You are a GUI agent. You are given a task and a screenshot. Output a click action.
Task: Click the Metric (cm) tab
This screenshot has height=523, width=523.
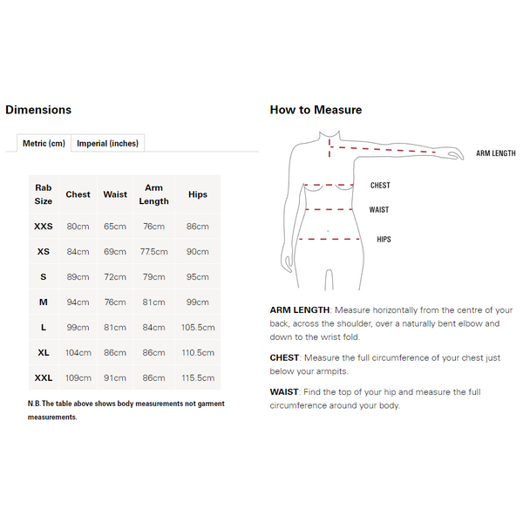point(44,143)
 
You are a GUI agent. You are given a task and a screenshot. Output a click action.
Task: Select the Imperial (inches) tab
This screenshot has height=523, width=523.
point(107,143)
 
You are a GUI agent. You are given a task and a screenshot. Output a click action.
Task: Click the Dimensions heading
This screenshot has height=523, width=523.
point(38,110)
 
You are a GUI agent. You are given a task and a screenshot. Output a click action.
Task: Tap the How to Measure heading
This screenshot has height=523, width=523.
point(316,110)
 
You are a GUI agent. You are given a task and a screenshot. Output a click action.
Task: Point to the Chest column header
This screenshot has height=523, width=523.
point(78,194)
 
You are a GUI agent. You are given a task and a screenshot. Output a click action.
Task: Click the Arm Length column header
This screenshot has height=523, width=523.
point(153,194)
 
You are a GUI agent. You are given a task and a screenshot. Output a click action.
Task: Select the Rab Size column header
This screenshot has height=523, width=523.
point(44,194)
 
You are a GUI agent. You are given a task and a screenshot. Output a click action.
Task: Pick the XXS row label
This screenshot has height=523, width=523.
point(44,227)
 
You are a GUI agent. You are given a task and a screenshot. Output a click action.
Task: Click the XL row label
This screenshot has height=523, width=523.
point(44,353)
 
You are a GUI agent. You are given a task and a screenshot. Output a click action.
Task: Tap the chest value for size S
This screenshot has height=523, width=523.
point(78,277)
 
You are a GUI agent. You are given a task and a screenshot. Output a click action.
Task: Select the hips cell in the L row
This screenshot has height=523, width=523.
point(198,328)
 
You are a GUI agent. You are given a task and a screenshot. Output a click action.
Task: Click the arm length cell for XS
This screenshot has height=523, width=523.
point(153,252)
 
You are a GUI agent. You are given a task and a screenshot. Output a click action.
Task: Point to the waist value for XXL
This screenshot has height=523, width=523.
point(115,378)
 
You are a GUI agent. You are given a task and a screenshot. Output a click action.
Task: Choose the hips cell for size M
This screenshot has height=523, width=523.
point(198,302)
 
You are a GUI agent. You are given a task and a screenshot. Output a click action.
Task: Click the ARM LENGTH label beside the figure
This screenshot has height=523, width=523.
point(495,153)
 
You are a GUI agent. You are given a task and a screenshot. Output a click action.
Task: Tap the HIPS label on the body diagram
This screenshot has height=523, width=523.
point(384,239)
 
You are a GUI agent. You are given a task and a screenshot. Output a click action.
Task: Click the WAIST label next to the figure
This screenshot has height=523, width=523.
point(379,210)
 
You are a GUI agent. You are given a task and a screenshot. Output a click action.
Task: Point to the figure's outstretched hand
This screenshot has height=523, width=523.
point(455,154)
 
